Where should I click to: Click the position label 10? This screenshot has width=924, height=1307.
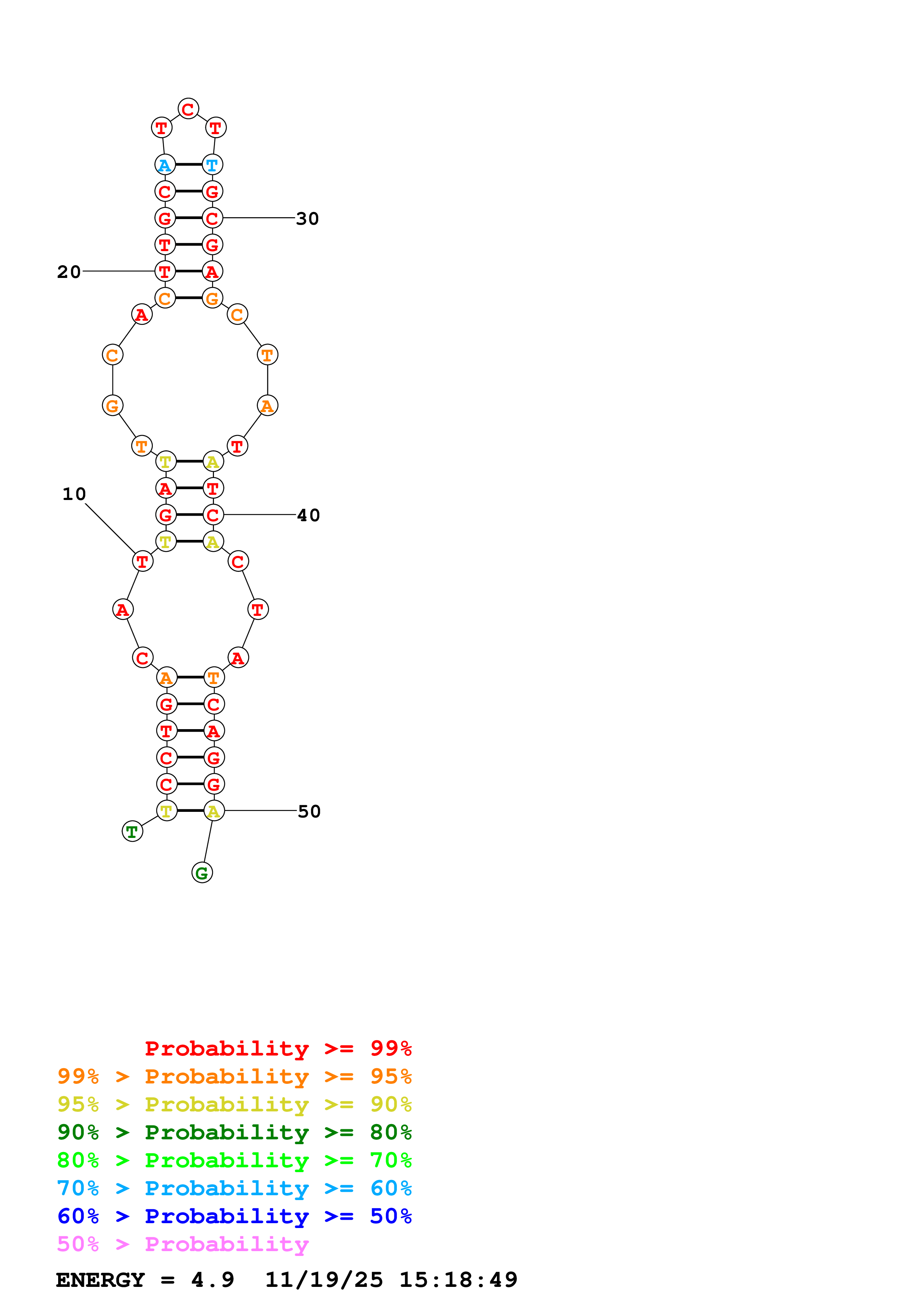pos(74,494)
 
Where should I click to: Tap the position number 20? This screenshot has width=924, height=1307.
pos(69,272)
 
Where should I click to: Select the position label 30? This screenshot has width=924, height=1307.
pos(308,219)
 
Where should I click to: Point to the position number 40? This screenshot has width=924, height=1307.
pos(309,515)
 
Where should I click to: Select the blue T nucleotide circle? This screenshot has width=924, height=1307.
pos(212,165)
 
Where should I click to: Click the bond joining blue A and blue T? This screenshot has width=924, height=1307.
pos(189,165)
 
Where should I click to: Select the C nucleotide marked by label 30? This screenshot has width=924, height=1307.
pos(212,218)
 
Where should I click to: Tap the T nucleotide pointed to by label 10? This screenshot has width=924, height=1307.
pos(142,561)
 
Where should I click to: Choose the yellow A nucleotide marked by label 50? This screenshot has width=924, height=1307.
pos(214,811)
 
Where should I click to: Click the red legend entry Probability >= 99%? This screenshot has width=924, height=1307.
pos(278,1048)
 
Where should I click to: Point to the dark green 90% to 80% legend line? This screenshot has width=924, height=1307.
pos(234,1132)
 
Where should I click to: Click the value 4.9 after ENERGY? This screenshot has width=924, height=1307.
pos(212,1280)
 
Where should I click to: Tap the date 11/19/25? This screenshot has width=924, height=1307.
pos(324,1280)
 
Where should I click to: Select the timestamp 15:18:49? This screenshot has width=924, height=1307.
pos(458,1280)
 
